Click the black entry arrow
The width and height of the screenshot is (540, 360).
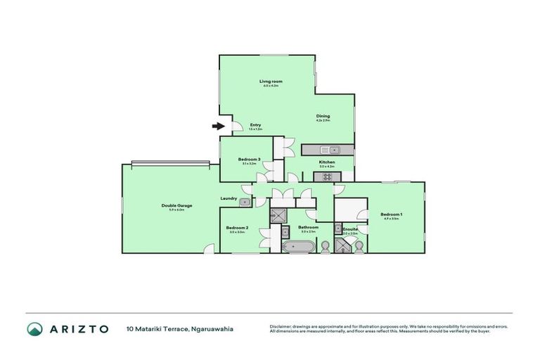click(218, 127)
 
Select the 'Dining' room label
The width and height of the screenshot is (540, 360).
click(323, 116)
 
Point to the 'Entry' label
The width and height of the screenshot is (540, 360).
click(255, 125)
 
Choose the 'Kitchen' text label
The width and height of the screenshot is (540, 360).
click(327, 162)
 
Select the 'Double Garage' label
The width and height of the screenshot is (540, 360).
click(176, 205)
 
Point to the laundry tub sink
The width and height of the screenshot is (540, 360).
click(244, 202)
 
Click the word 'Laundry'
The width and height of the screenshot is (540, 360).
click(228, 198)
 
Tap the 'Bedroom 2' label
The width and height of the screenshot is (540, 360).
click(237, 227)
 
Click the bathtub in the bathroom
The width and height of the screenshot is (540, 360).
click(298, 246)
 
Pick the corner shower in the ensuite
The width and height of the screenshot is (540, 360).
click(344, 245)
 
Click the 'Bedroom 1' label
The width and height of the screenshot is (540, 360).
click(391, 214)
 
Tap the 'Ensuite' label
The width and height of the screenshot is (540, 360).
click(350, 229)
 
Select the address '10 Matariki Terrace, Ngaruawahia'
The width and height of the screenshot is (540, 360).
click(179, 328)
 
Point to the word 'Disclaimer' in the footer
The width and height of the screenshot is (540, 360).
click(281, 326)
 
